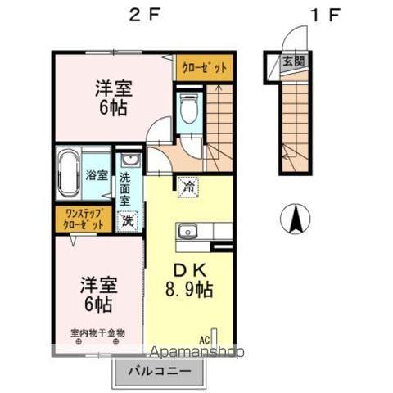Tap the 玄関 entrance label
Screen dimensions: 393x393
tap(292, 61)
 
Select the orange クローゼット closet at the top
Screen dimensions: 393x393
tap(204, 69)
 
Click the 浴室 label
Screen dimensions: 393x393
tap(97, 174)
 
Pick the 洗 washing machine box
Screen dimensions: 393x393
tap(128, 219)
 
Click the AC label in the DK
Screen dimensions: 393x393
tap(206, 337)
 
